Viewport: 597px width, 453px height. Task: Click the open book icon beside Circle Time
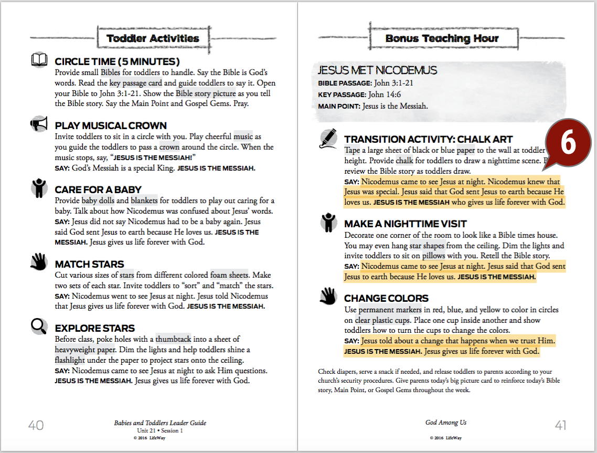tap(39, 60)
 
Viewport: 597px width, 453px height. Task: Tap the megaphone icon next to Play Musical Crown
tap(39, 124)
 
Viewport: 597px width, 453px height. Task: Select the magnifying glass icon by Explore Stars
tap(39, 326)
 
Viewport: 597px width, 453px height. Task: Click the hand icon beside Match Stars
tap(39, 261)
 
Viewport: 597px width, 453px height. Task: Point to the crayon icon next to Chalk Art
tap(328, 138)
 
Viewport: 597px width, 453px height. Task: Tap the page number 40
tap(36, 425)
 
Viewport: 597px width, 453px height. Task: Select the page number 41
tap(560, 425)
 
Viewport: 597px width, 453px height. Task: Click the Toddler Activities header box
tap(153, 38)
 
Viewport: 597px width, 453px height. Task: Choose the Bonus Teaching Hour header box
tap(442, 38)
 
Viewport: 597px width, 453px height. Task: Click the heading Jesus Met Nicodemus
tap(377, 70)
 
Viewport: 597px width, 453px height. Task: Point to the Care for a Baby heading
tap(98, 189)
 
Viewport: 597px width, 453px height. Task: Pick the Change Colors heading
tap(386, 298)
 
